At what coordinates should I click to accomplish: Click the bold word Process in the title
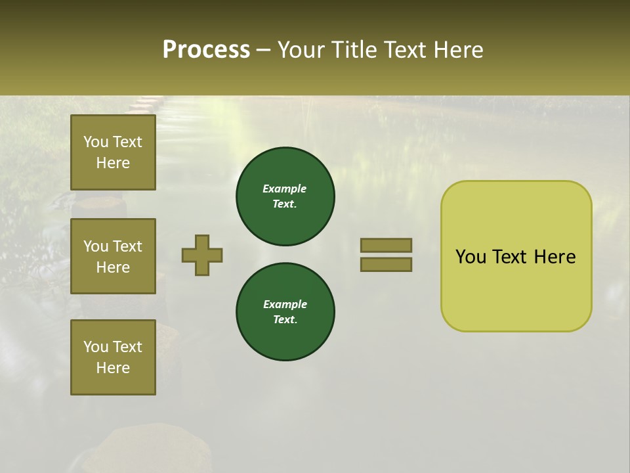pos(206,50)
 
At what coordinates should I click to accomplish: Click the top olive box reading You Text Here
pos(113,152)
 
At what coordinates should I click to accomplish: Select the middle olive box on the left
pos(113,256)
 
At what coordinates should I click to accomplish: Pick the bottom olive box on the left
pos(113,357)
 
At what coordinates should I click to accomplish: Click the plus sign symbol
pos(202,255)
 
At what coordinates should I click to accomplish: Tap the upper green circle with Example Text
pos(285,196)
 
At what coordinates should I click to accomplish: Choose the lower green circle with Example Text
pos(285,312)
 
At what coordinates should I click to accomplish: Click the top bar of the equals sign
pos(386,245)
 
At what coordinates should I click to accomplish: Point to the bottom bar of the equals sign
pos(386,264)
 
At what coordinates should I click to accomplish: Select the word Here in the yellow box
pos(555,257)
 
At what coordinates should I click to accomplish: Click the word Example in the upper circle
pos(285,189)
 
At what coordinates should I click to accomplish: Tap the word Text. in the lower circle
pos(285,319)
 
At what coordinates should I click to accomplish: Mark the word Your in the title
pos(301,50)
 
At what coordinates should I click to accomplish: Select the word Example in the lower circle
pos(285,304)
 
